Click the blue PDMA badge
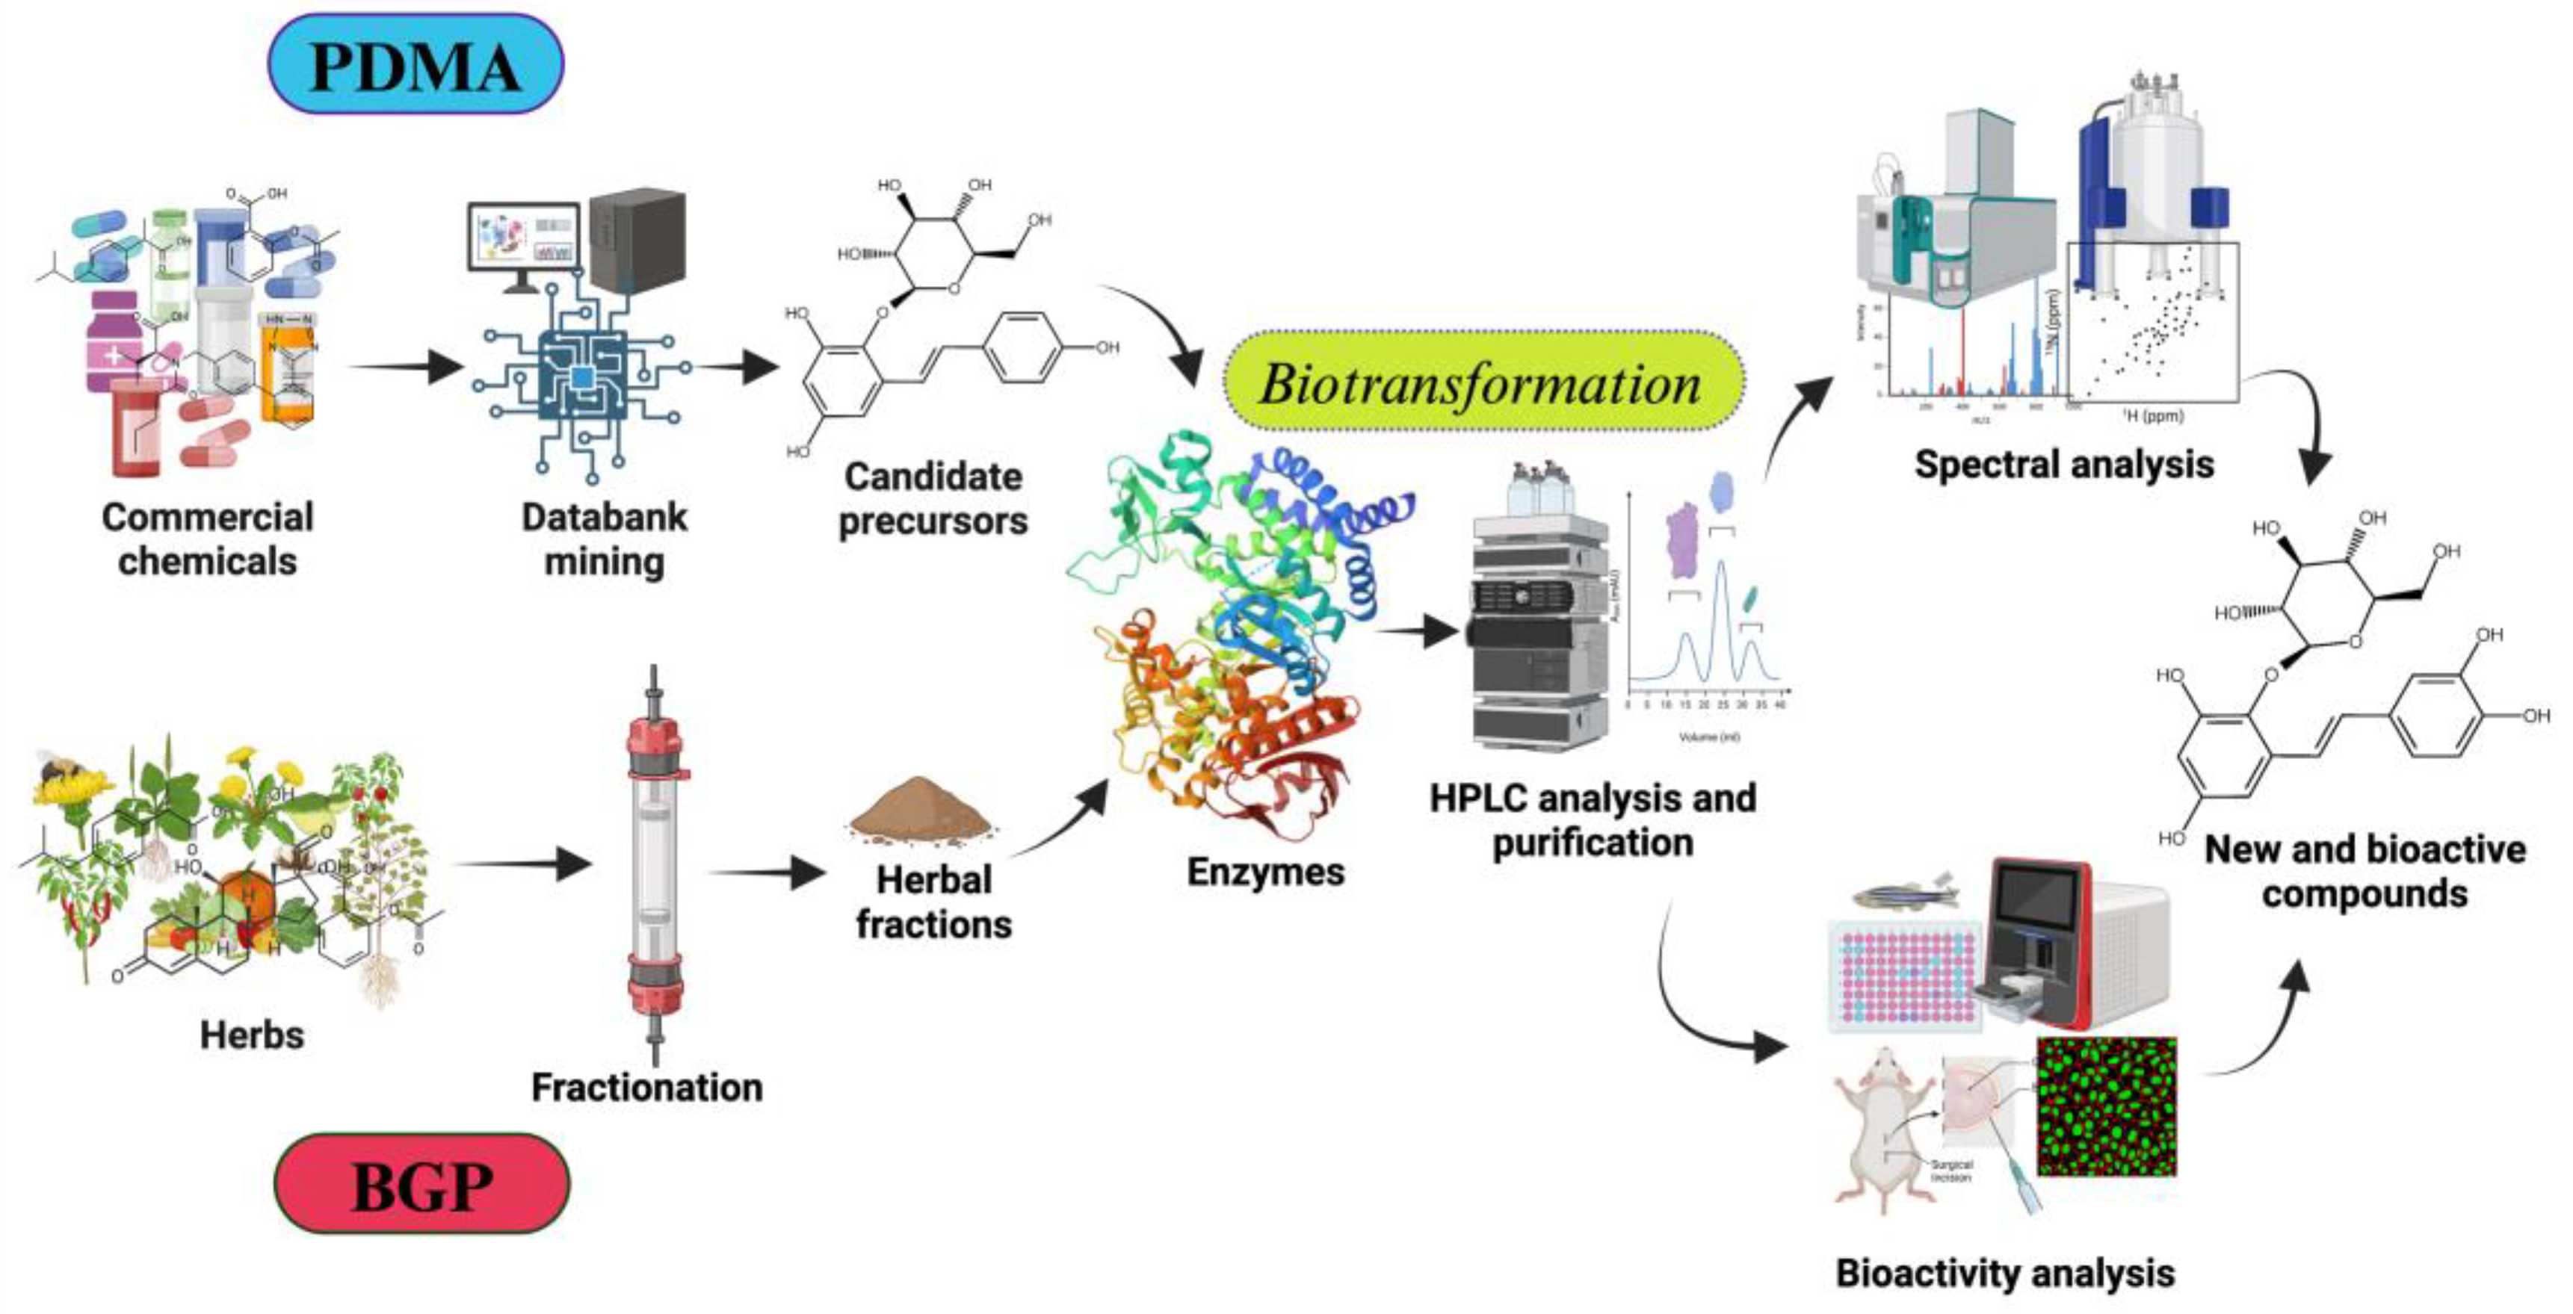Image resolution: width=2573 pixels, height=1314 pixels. click(x=416, y=65)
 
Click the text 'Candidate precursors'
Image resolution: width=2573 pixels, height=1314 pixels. click(x=933, y=498)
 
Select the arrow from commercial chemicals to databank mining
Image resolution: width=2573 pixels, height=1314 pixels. click(x=404, y=367)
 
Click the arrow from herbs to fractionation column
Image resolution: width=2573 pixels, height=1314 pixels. click(x=525, y=864)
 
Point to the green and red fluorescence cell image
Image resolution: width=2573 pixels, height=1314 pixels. click(x=2105, y=1106)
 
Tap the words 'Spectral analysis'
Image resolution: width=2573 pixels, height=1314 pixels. click(x=2063, y=465)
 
